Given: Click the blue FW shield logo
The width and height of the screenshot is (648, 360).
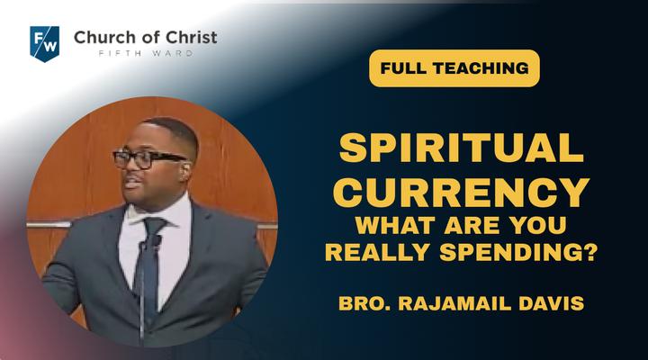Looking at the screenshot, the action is pos(45,44).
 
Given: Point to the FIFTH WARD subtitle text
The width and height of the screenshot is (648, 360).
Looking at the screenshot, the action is pos(146,53).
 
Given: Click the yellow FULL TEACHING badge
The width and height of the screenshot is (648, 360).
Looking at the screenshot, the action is pos(454,68).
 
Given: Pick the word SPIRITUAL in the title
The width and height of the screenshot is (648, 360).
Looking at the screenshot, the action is pos(461,148).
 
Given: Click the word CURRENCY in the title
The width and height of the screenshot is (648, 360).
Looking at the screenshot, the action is pos(461,193).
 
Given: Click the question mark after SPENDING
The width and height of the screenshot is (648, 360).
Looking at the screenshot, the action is pos(591,252).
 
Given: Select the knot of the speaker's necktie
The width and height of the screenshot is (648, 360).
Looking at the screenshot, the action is pos(153,226).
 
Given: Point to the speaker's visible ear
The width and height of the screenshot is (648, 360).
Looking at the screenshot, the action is pos(185,169).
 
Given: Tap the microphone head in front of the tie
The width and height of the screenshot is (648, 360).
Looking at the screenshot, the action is pos(156,240).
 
